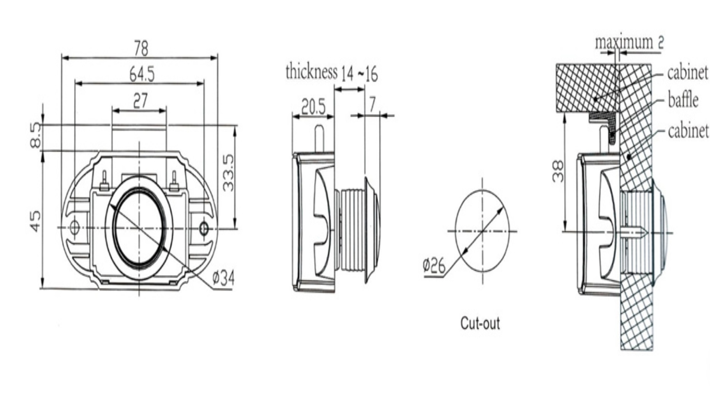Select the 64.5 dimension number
click(142, 74)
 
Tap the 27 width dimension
click(140, 101)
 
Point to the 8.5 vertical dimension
click(35, 135)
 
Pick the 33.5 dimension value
click(228, 173)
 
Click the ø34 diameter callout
click(223, 279)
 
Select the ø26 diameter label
click(434, 266)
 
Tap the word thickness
click(311, 72)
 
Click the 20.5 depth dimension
click(313, 107)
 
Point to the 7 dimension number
click(372, 105)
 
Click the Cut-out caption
click(480, 323)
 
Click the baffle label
click(683, 100)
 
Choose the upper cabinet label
click(687, 73)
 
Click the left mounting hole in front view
click(74, 228)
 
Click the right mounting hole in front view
click(204, 228)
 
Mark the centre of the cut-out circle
click(482, 231)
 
